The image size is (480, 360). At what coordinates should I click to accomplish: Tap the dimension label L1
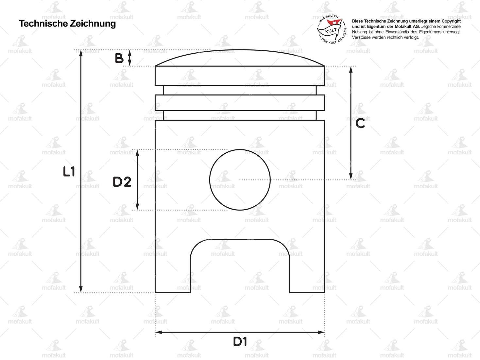tap(69, 172)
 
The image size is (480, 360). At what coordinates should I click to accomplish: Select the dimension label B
tap(119, 58)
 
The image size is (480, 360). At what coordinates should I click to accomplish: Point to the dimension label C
tap(360, 123)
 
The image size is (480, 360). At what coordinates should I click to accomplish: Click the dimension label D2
tap(122, 182)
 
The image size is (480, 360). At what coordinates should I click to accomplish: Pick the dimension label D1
tap(240, 342)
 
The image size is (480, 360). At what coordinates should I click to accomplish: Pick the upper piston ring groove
tap(240, 90)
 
